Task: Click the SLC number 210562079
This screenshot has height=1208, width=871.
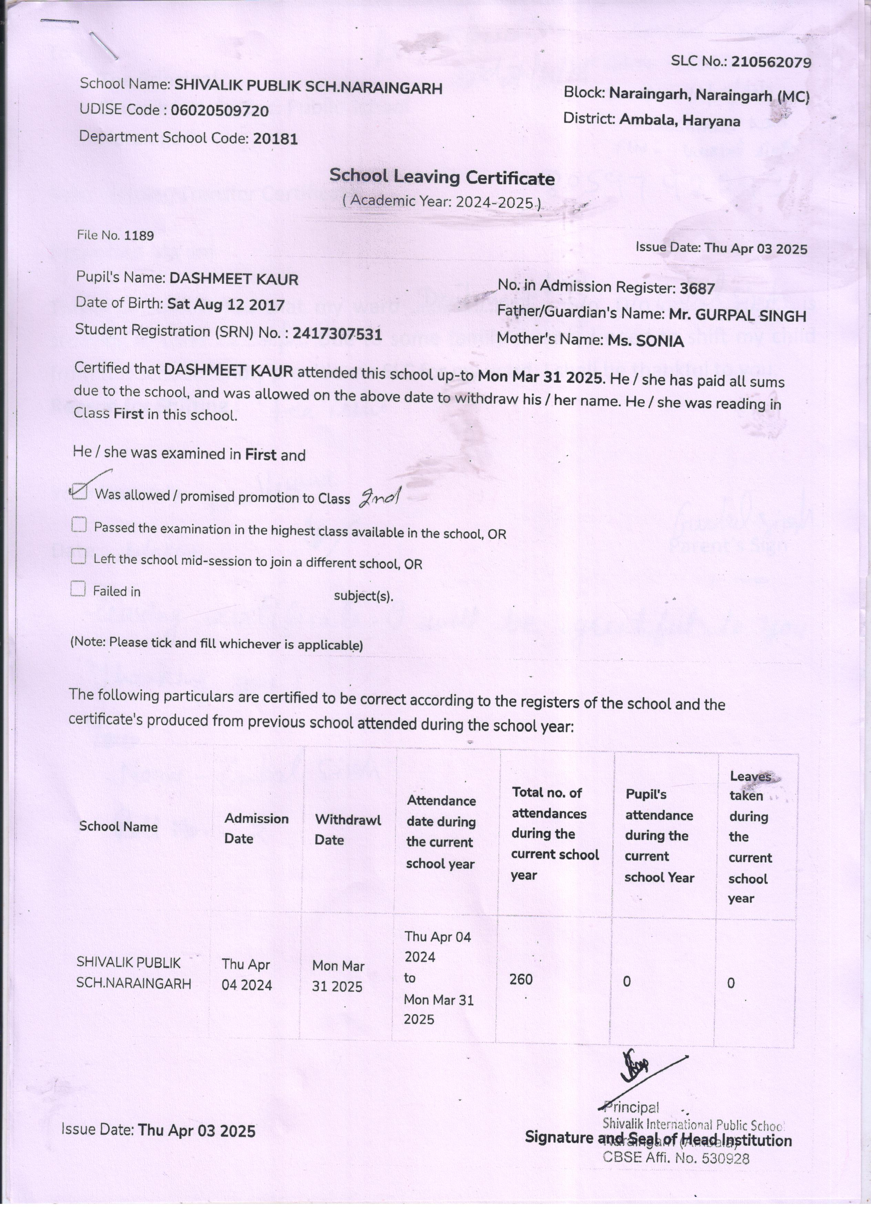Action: (771, 62)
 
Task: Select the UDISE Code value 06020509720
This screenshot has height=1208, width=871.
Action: (219, 111)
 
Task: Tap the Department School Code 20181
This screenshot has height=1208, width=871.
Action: (275, 139)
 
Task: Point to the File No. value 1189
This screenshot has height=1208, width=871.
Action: (139, 235)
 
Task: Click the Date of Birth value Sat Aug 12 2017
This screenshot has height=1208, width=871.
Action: (226, 305)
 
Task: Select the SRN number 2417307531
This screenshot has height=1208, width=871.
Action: (337, 334)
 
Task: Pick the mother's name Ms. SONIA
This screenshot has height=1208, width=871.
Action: (646, 341)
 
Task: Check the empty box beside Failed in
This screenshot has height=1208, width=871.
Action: (78, 589)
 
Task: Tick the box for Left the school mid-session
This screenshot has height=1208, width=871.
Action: (78, 557)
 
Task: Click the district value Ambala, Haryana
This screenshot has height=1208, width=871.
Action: (679, 120)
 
